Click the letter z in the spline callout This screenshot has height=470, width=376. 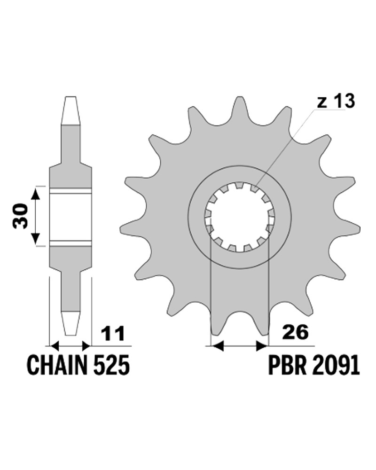pos(321,103)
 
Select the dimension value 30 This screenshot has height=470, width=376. pos(20,216)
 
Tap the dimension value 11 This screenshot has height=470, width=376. pos(113,334)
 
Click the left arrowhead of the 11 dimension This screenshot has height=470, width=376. pos(55,346)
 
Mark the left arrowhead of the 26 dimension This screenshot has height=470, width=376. pos(218,346)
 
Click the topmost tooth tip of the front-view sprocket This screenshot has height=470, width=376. pos(239,97)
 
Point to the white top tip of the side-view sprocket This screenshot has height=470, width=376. pos(70,110)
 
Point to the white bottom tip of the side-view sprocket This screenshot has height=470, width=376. pos(71,324)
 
